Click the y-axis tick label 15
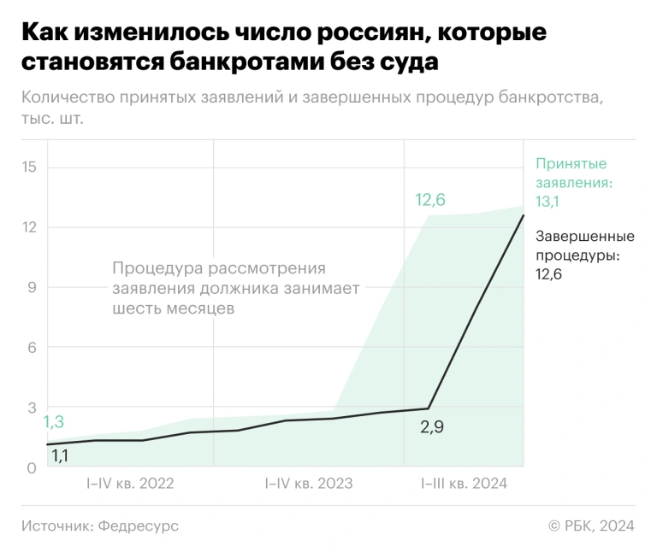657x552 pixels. [x=30, y=166]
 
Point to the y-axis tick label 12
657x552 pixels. [x=30, y=226]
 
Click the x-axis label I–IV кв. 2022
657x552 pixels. [x=130, y=484]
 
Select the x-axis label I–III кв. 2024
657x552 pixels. [x=465, y=484]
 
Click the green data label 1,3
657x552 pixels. [x=54, y=421]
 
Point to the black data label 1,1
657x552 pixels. [x=60, y=456]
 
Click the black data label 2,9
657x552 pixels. [x=432, y=426]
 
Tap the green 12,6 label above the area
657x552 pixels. [x=430, y=201]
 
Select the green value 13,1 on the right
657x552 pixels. [x=547, y=203]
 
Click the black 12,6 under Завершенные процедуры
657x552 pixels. [x=548, y=274]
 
